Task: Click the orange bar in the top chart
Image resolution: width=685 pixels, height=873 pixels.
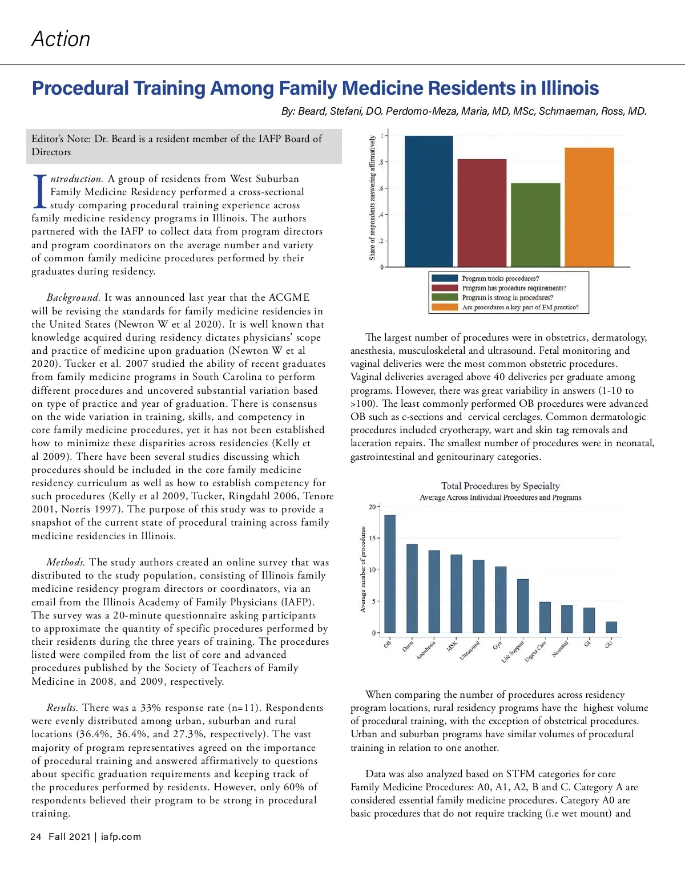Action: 589,207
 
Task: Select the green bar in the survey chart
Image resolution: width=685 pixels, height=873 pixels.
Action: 535,225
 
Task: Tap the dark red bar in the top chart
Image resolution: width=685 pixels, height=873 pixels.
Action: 482,213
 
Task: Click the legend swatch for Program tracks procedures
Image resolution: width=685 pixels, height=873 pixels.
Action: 444,278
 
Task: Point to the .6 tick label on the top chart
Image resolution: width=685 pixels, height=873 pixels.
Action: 381,188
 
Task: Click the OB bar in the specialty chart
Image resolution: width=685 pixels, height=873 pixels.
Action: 390,573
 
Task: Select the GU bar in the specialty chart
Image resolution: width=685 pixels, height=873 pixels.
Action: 611,627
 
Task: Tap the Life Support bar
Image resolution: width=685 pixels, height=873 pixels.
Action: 523,605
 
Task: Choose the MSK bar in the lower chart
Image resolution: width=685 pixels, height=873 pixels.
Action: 456,593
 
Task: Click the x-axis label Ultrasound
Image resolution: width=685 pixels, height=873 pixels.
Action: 470,650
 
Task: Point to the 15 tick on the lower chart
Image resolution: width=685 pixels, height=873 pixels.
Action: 373,538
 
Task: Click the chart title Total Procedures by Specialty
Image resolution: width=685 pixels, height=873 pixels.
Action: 500,486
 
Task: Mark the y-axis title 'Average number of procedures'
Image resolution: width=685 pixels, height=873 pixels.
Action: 362,569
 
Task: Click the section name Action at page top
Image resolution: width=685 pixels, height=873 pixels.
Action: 61,39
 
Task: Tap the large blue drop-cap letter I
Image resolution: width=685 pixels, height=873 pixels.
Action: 40,192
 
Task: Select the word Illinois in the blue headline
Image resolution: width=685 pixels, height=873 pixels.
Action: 569,88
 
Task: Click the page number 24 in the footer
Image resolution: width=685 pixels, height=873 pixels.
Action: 36,836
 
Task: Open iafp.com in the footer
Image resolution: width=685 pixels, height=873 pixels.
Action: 121,836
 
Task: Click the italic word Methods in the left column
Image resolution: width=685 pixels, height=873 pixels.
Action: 66,562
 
